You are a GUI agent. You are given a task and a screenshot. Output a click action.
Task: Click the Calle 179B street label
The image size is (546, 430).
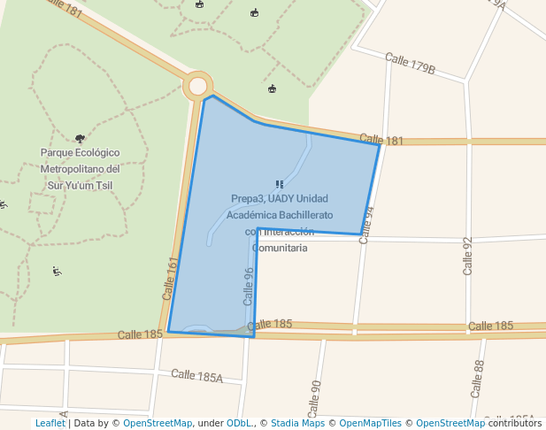point(410,64)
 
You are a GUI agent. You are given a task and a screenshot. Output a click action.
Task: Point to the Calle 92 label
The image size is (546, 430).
point(468,256)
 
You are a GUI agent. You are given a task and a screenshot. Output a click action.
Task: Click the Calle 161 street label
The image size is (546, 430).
point(171,277)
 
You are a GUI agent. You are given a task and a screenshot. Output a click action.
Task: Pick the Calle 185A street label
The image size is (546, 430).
point(196,377)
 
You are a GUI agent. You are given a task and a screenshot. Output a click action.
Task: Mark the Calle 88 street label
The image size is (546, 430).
point(479,372)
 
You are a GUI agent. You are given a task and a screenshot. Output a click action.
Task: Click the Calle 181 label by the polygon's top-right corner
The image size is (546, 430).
point(381,140)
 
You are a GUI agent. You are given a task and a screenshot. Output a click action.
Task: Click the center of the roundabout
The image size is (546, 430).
point(197,86)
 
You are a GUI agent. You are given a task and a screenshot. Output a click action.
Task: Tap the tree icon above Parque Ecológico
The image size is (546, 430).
point(81,138)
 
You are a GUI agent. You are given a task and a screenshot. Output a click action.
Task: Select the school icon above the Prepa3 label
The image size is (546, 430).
point(280,184)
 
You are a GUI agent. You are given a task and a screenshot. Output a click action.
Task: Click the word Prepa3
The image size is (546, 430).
point(247,198)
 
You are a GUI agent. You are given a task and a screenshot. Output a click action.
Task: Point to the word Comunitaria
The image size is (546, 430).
point(280,248)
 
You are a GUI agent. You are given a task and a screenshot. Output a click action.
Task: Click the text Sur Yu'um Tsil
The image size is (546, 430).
point(81,185)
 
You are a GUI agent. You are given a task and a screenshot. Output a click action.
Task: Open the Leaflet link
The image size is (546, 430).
point(50,423)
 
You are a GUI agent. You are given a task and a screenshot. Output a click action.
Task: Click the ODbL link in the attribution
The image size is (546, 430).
point(240,423)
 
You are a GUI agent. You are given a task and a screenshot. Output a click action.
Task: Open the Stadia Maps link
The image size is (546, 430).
point(297,423)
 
